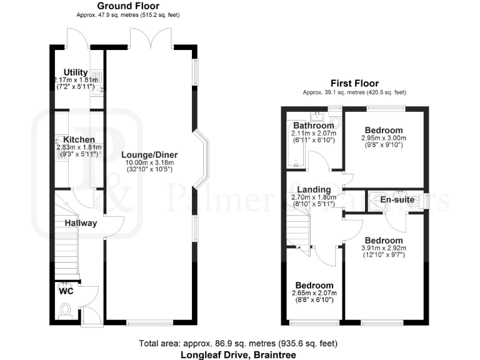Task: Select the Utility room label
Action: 76,72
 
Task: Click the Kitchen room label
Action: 76,139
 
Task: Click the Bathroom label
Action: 312,126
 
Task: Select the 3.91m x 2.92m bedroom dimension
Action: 384,249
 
